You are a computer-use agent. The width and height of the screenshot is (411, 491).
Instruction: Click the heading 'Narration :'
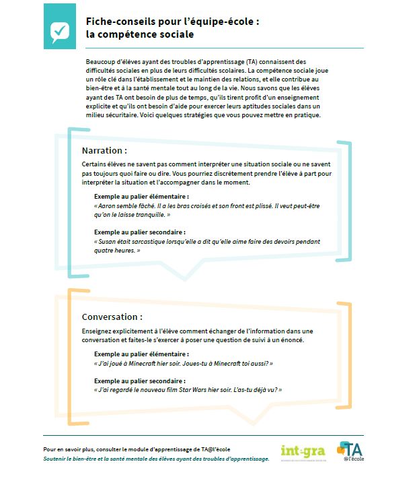coord(104,150)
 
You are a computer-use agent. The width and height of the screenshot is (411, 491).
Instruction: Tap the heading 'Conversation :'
coord(112,317)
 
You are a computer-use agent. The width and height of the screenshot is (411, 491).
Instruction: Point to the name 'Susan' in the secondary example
coord(109,241)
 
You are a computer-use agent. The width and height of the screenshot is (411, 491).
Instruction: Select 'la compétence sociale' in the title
coord(140,34)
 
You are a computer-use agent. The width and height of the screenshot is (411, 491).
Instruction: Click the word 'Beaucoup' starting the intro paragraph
coord(94,61)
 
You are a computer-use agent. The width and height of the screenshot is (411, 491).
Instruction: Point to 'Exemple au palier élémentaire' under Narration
coord(142,197)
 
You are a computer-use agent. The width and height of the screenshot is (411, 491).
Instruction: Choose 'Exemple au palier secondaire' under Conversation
coord(140,381)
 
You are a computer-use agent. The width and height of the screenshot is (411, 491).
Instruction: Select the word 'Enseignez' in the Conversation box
coord(98,331)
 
